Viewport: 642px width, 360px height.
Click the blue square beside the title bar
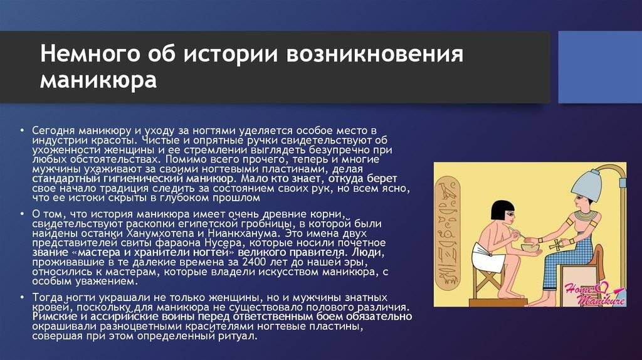point(600,67)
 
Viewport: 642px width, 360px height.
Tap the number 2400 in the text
point(255,262)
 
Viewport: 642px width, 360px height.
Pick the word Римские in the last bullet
point(55,317)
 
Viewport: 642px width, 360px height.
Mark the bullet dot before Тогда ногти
point(23,297)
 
